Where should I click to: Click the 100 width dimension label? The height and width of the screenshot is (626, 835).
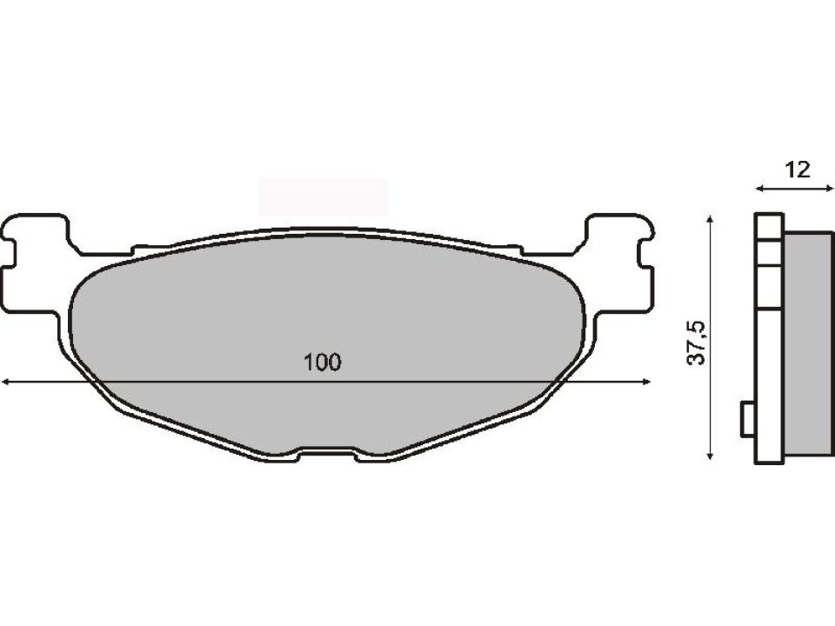tap(323, 363)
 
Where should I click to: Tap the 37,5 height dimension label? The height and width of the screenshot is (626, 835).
tap(696, 342)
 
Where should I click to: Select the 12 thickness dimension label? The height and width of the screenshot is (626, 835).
tap(796, 170)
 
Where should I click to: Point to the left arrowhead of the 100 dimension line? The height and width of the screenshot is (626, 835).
tap(7, 381)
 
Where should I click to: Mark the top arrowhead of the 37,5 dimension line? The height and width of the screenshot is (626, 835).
tap(711, 218)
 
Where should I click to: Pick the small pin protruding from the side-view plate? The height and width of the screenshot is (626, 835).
tap(746, 421)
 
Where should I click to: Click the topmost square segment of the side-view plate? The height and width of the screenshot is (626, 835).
tap(765, 226)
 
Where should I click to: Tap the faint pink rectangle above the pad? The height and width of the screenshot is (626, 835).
tap(323, 196)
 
